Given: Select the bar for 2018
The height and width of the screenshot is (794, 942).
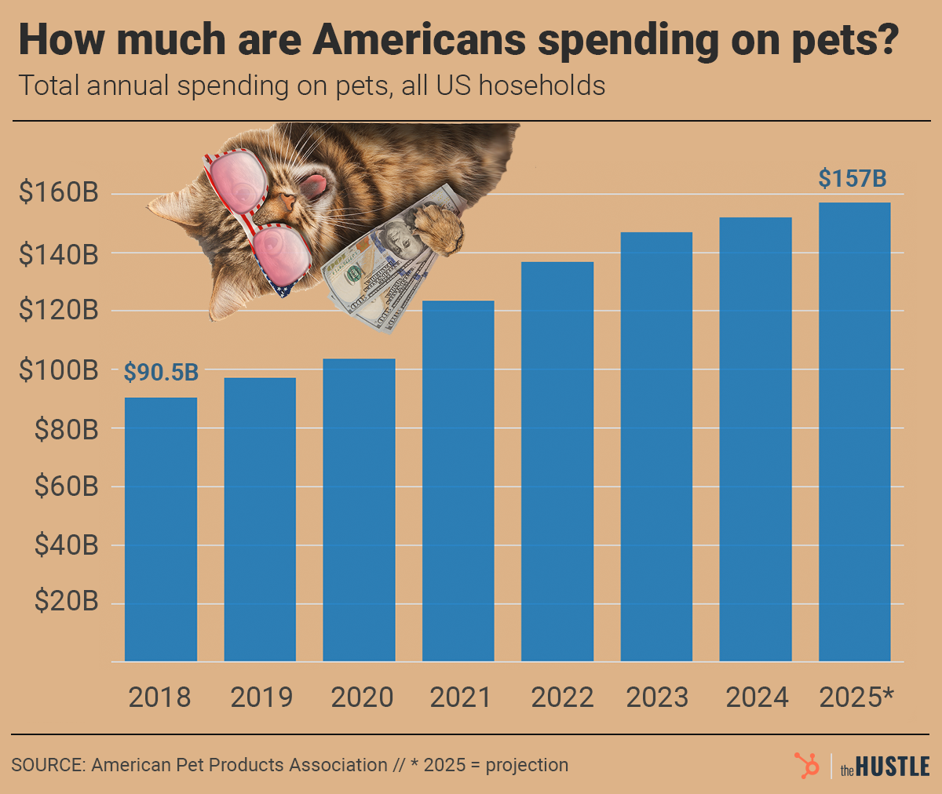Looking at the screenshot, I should pyautogui.click(x=161, y=529).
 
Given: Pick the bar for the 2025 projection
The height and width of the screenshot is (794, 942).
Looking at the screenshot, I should pyautogui.click(x=855, y=432).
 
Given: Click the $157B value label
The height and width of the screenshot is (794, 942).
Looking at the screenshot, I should pyautogui.click(x=853, y=179).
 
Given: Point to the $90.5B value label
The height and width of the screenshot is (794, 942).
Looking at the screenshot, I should pyautogui.click(x=161, y=373).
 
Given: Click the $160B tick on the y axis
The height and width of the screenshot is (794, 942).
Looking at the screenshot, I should pyautogui.click(x=60, y=193).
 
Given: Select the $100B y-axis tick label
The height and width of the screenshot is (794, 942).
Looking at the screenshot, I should pyautogui.click(x=60, y=370).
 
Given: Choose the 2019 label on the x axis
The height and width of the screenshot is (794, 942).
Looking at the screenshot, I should pyautogui.click(x=261, y=697).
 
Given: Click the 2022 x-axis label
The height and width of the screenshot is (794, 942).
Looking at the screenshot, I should pyautogui.click(x=562, y=697).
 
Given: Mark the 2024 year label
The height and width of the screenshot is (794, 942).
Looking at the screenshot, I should pyautogui.click(x=757, y=697).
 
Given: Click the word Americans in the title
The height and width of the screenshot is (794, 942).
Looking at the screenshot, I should pyautogui.click(x=421, y=41).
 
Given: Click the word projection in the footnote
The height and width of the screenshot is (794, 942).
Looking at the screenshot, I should pyautogui.click(x=527, y=765).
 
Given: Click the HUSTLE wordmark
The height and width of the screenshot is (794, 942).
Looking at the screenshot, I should pyautogui.click(x=893, y=766).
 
